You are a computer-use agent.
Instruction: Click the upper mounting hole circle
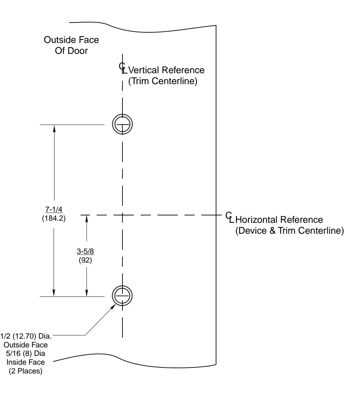pyautogui.click(x=122, y=124)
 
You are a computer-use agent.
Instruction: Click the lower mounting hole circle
pyautogui.click(x=122, y=296)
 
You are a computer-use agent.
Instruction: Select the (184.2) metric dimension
pyautogui.click(x=54, y=218)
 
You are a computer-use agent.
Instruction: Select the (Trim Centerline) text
pyautogui.click(x=162, y=82)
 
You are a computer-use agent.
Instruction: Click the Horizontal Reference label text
pyautogui.click(x=279, y=220)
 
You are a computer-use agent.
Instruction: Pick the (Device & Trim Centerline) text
pyautogui.click(x=289, y=231)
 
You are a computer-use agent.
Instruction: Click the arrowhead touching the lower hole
pyautogui.click(x=115, y=304)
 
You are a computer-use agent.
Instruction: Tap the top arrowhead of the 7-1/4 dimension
pyautogui.click(x=54, y=128)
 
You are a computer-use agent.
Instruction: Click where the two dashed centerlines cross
pyautogui.click(x=122, y=214)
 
